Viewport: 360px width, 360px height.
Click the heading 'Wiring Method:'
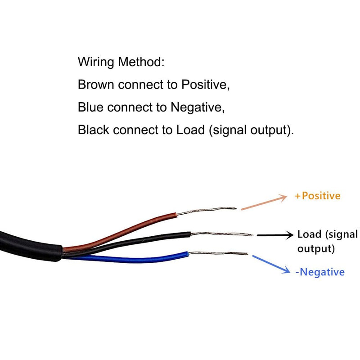click(x=121, y=62)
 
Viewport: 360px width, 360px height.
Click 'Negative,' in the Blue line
click(x=196, y=107)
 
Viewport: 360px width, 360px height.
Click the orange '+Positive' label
click(x=317, y=196)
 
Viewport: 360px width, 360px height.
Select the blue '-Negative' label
click(x=320, y=272)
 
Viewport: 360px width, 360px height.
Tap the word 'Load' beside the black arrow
click(x=309, y=234)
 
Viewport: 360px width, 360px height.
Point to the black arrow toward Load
click(x=274, y=235)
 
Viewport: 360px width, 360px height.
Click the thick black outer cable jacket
click(x=27, y=245)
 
